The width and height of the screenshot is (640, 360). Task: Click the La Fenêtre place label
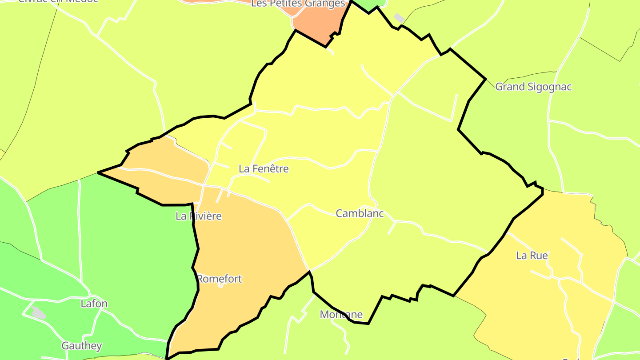pyautogui.click(x=264, y=169)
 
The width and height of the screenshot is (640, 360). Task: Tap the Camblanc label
pyautogui.click(x=360, y=213)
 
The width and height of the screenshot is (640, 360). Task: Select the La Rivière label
pyautogui.click(x=198, y=216)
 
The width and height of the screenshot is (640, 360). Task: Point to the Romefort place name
pyautogui.click(x=219, y=279)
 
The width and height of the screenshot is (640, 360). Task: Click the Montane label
pyautogui.click(x=341, y=315)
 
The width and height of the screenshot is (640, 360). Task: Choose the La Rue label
pyautogui.click(x=532, y=256)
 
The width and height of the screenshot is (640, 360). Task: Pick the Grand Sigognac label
pyautogui.click(x=533, y=87)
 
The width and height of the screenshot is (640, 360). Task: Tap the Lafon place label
pyautogui.click(x=94, y=304)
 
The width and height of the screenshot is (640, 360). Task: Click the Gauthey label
pyautogui.click(x=82, y=346)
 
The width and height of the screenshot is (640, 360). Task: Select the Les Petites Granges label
pyautogui.click(x=298, y=4)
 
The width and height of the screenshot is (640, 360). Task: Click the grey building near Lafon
pyautogui.click(x=39, y=313)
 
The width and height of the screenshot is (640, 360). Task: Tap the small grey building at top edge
pyautogui.click(x=399, y=18)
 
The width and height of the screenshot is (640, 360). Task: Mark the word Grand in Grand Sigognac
pyautogui.click(x=509, y=87)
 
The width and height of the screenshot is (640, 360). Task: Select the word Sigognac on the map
pyautogui.click(x=549, y=87)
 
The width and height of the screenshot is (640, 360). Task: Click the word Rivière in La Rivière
pyautogui.click(x=205, y=216)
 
